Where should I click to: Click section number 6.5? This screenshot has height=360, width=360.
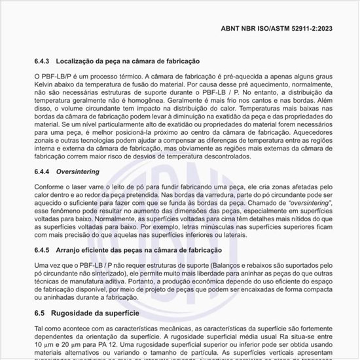pyautogui.click(x=41, y=314)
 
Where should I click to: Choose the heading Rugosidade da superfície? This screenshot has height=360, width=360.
pyautogui.click(x=98, y=314)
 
